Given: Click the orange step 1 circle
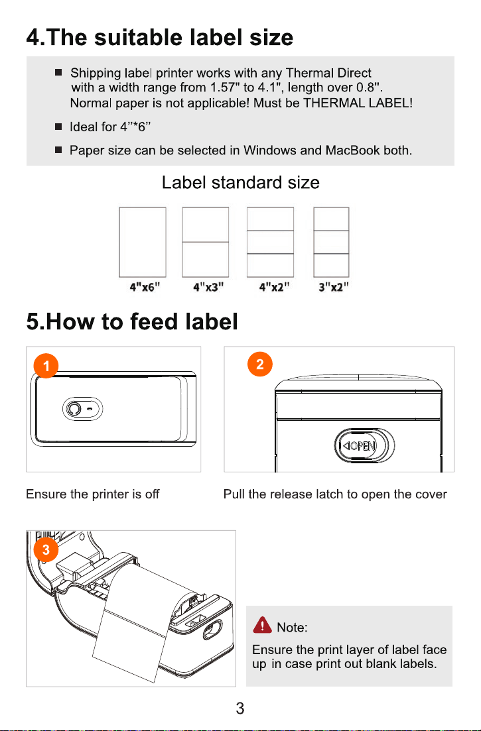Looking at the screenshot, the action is (46, 366).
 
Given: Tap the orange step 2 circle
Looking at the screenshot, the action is (260, 364).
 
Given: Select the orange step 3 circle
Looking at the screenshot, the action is (46, 549).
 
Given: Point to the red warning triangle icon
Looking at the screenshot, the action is (263, 625).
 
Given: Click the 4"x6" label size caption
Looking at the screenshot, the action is (145, 287).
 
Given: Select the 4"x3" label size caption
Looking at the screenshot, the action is (208, 287).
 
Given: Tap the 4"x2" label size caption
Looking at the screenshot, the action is (274, 287).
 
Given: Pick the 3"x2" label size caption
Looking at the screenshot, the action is (334, 287).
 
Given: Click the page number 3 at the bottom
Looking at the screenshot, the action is (240, 708).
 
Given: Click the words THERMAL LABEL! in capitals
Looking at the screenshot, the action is (358, 103).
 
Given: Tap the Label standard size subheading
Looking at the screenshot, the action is (241, 182).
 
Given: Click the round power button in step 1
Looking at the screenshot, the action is (73, 410).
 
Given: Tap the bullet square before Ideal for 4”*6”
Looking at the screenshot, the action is (58, 127).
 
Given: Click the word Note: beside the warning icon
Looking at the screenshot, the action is (292, 628).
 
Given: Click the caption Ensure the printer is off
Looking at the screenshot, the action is (93, 494).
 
